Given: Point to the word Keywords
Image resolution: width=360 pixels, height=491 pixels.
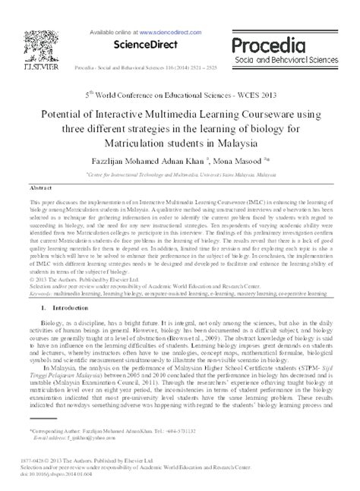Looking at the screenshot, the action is pyautogui.click(x=39, y=292).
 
